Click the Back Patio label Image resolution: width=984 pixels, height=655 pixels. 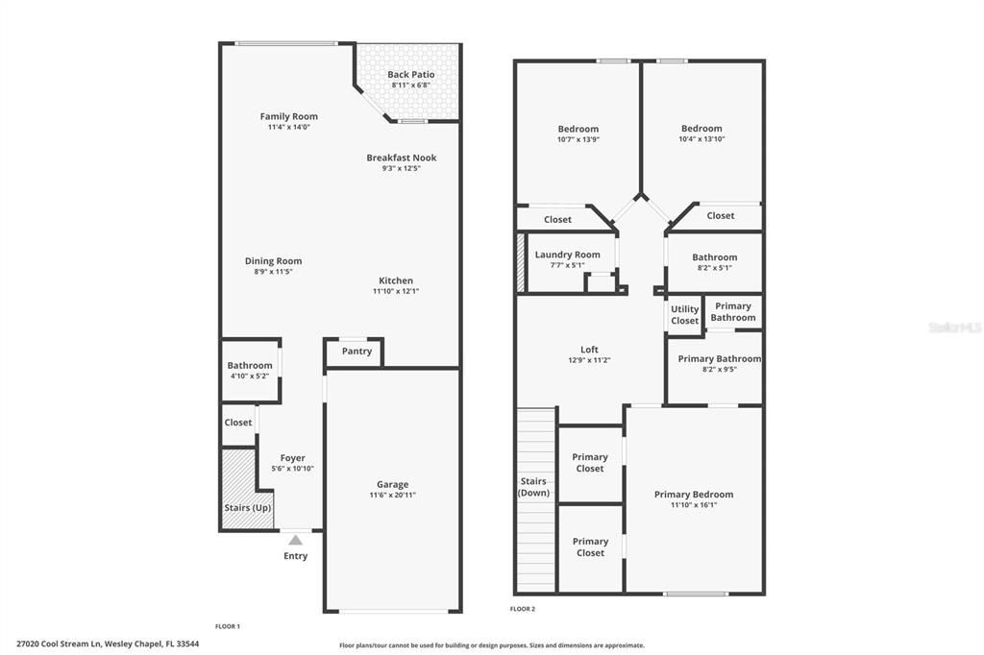tap(410, 74)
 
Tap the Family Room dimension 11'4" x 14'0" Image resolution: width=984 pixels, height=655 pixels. tap(288, 127)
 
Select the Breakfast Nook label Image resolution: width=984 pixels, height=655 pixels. tap(401, 158)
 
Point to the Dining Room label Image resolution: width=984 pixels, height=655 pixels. tap(273, 260)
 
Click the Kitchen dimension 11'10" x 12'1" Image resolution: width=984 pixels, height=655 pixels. tap(396, 291)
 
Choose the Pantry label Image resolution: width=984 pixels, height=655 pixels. tap(357, 352)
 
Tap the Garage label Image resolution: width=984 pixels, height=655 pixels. tap(392, 484)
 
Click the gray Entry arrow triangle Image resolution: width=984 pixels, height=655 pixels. tap(295, 540)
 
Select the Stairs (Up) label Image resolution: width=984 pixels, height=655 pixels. tap(248, 507)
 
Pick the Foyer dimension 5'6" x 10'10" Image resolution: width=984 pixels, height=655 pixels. tap(292, 469)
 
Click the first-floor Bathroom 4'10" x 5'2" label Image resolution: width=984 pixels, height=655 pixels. tap(250, 365)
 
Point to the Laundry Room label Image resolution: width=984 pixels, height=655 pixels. tap(567, 255)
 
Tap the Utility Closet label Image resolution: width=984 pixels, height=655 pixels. tap(684, 315)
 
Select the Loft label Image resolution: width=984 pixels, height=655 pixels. tap(589, 350)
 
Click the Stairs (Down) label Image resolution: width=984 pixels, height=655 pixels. tap(533, 487)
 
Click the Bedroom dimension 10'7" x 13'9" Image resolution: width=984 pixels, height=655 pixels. tap(578, 139)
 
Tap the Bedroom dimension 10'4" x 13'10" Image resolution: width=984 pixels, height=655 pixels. tap(701, 139)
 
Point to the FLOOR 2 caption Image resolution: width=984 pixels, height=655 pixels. tap(523, 609)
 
